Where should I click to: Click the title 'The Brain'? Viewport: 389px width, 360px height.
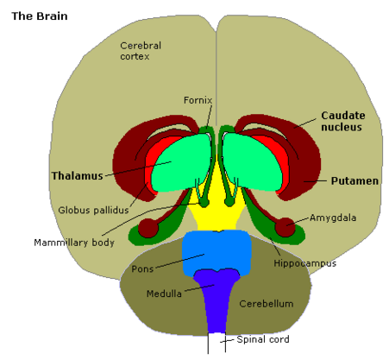(40, 16)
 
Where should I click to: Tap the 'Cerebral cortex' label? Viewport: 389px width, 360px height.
(141, 51)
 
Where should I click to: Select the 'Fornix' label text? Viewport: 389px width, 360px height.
(198, 100)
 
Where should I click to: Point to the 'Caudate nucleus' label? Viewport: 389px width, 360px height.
(343, 121)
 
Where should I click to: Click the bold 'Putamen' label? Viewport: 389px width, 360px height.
(354, 181)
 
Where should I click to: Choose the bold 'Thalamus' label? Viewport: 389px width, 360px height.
(77, 175)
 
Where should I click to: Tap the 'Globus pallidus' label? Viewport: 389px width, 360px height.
(93, 210)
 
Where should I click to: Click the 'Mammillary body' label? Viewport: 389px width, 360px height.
(74, 243)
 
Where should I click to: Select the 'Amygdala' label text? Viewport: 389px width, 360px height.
(333, 218)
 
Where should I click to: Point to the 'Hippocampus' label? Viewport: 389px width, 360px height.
(304, 263)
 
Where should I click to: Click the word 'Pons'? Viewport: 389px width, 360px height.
(142, 269)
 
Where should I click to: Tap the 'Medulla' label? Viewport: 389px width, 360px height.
(164, 294)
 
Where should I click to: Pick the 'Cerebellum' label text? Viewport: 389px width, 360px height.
(267, 304)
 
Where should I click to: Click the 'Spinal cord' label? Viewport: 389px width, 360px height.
(263, 339)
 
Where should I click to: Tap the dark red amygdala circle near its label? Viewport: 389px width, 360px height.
(285, 227)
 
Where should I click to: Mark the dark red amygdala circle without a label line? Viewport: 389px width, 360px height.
(148, 228)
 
